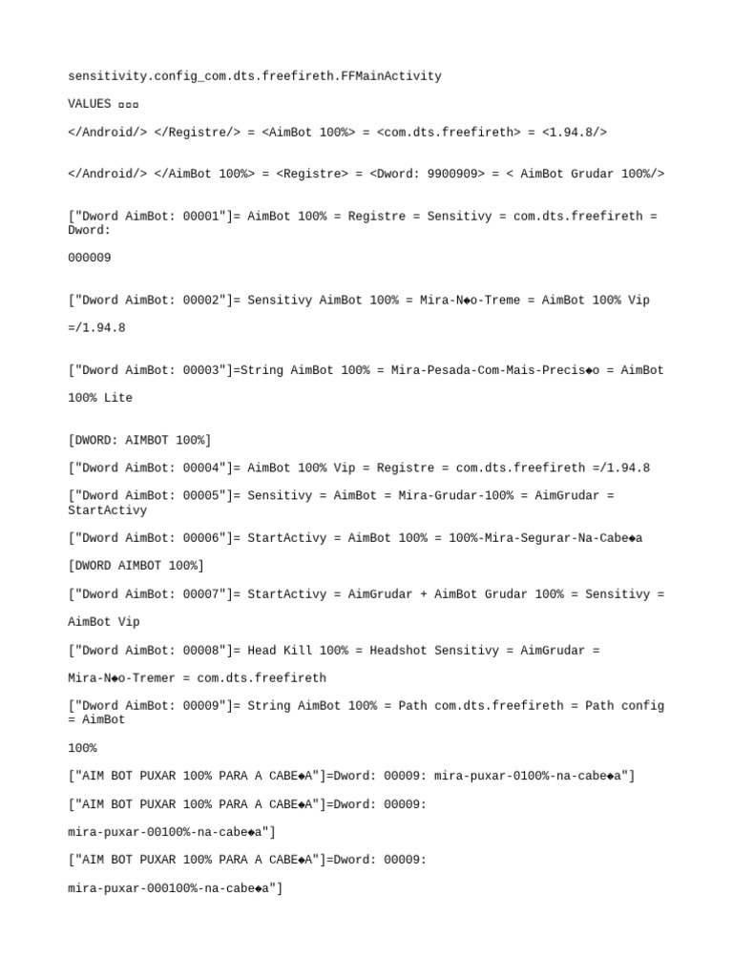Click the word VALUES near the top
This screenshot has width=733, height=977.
(x=90, y=104)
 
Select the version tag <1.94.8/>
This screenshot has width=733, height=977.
(x=575, y=133)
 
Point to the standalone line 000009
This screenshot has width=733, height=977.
(x=90, y=258)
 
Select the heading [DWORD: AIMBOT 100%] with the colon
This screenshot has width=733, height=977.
(x=139, y=440)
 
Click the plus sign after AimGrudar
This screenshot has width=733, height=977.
(x=424, y=594)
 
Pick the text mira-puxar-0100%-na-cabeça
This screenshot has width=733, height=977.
(x=532, y=777)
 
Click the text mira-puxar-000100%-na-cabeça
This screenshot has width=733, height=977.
(x=173, y=888)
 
